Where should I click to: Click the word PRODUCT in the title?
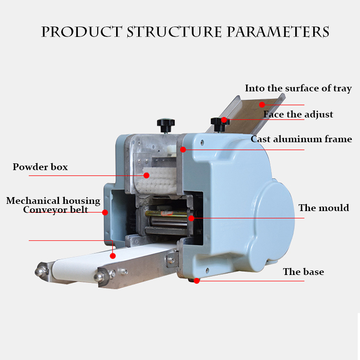[81, 32]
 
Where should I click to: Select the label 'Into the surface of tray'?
[298, 88]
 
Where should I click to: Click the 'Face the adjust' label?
[298, 114]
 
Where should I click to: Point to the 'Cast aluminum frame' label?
[301, 139]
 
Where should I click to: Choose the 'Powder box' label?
[40, 167]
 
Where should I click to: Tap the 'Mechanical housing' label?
[53, 201]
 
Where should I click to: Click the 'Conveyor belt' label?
[56, 210]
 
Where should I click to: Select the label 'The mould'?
[324, 208]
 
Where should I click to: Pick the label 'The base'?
[303, 272]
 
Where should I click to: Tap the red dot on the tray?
[262, 104]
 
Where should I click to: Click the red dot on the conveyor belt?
[113, 256]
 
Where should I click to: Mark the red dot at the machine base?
[197, 280]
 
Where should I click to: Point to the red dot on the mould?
[191, 218]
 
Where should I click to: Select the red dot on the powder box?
[146, 175]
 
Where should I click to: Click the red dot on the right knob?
[224, 120]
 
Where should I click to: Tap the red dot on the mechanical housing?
[104, 212]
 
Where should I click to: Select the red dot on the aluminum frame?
[183, 149]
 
